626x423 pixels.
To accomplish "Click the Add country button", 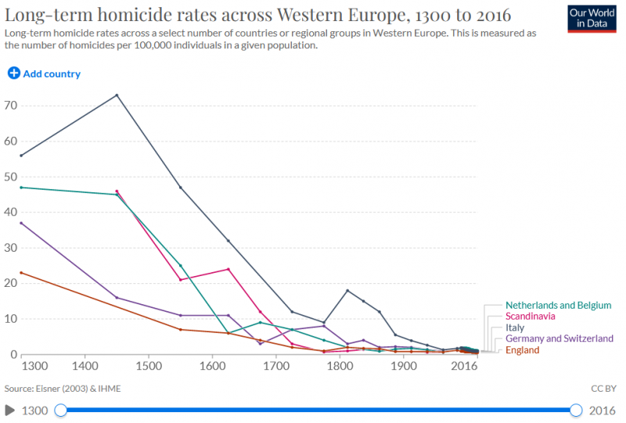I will pos(44,73).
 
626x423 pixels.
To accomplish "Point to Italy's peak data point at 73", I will pos(117,95).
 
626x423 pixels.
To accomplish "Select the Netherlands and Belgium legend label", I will pos(558,305).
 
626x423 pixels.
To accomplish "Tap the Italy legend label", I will pos(515,328).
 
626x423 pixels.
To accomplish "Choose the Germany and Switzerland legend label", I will pos(559,339).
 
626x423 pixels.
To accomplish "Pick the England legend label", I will pos(523,350).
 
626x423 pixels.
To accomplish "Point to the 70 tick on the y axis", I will pos(10,106).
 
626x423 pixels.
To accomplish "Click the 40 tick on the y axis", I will pos(10,213).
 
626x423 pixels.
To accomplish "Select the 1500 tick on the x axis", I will pos(149,365).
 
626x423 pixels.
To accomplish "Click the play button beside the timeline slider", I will pos(10,410).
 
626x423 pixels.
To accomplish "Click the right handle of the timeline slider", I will pos(577,410).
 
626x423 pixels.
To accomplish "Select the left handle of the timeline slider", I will pos(61,410).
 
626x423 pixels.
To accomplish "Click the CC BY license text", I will pos(603,387).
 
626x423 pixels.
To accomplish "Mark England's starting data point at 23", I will pos(21,272).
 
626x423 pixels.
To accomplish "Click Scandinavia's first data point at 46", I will pos(117,191).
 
